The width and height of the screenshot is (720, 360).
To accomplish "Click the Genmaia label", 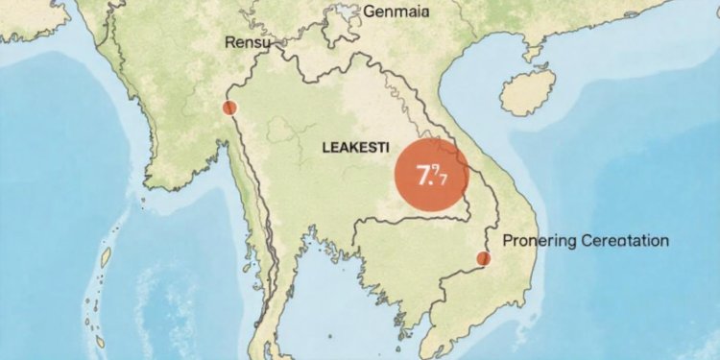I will click(397, 12).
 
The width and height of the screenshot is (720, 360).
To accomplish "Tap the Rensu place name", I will click(248, 43).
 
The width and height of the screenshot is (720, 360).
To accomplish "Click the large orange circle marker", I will click(431, 175).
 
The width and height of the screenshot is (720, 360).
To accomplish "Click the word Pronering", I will click(540, 241).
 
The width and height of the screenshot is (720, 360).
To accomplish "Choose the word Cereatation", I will click(625, 241).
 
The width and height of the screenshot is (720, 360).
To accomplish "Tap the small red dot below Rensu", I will click(228, 108).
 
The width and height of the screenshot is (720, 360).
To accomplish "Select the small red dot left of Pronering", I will click(483, 257).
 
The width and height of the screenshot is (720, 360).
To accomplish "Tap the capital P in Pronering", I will click(508, 241).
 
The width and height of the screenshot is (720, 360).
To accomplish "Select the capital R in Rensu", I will click(228, 43).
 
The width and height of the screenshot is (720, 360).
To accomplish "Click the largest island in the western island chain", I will click(106, 257).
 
